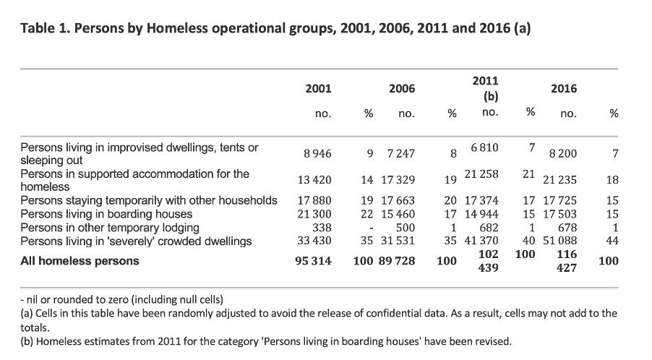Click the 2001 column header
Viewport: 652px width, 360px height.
(318, 88)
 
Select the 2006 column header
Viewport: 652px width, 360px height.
(402, 88)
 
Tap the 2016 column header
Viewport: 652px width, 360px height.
(563, 88)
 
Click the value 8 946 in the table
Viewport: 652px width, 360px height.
(317, 154)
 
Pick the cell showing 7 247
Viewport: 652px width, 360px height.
(401, 154)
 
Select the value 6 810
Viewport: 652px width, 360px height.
(484, 147)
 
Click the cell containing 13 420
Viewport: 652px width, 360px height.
(314, 180)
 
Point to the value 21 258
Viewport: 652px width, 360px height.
(481, 173)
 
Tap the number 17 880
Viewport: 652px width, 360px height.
(314, 200)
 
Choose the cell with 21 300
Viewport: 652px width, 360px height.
(314, 214)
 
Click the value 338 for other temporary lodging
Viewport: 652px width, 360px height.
(322, 228)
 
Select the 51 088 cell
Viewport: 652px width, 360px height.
(559, 241)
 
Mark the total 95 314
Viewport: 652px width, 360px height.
(313, 261)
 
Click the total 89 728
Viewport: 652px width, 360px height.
(397, 261)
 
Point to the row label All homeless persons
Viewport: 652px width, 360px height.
(80, 261)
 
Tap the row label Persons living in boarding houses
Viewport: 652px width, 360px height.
(106, 214)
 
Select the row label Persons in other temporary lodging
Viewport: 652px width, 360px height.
(110, 228)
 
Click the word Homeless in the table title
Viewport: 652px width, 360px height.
(177, 28)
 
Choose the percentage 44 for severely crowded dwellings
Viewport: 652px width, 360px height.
(612, 241)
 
